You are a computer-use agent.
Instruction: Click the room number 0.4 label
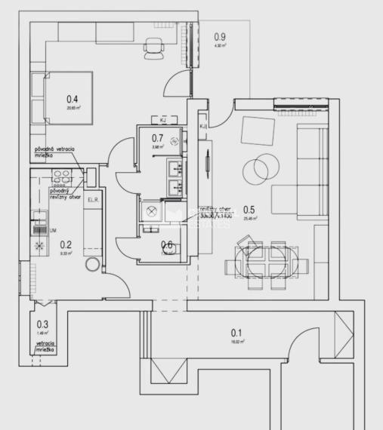pyautogui.click(x=73, y=98)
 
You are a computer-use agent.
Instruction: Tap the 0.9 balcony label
pyautogui.click(x=220, y=36)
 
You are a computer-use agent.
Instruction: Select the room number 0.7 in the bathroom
pyautogui.click(x=158, y=137)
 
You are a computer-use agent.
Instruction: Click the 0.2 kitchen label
pyautogui.click(x=66, y=244)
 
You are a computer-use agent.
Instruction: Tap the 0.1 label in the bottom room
pyautogui.click(x=236, y=333)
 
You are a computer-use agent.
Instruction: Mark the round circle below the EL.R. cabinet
pyautogui.click(x=93, y=266)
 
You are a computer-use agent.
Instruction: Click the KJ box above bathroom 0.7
pyautogui.click(x=162, y=119)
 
